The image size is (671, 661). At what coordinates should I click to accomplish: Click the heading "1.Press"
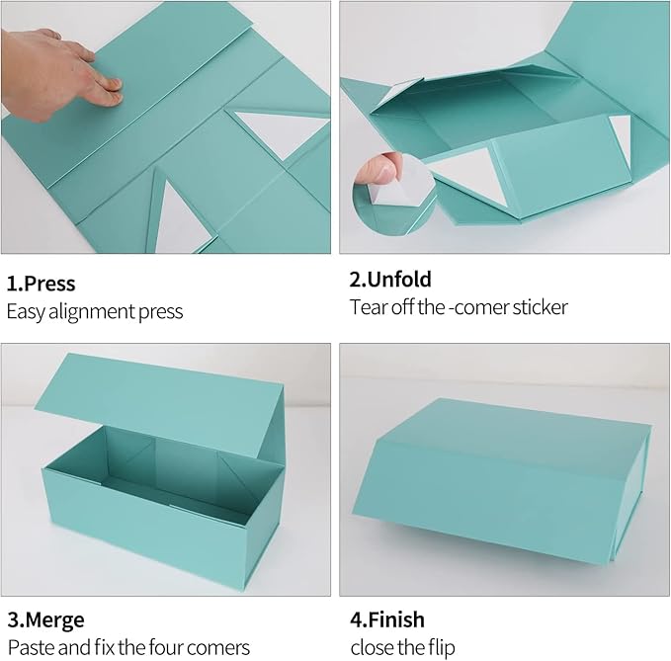(41, 284)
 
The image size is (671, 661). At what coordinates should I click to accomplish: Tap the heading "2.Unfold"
(390, 280)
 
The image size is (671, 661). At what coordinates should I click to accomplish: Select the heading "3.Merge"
(45, 620)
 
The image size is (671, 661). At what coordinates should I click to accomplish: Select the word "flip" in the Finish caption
(440, 648)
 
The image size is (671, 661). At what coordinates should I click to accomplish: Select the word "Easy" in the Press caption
(27, 311)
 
